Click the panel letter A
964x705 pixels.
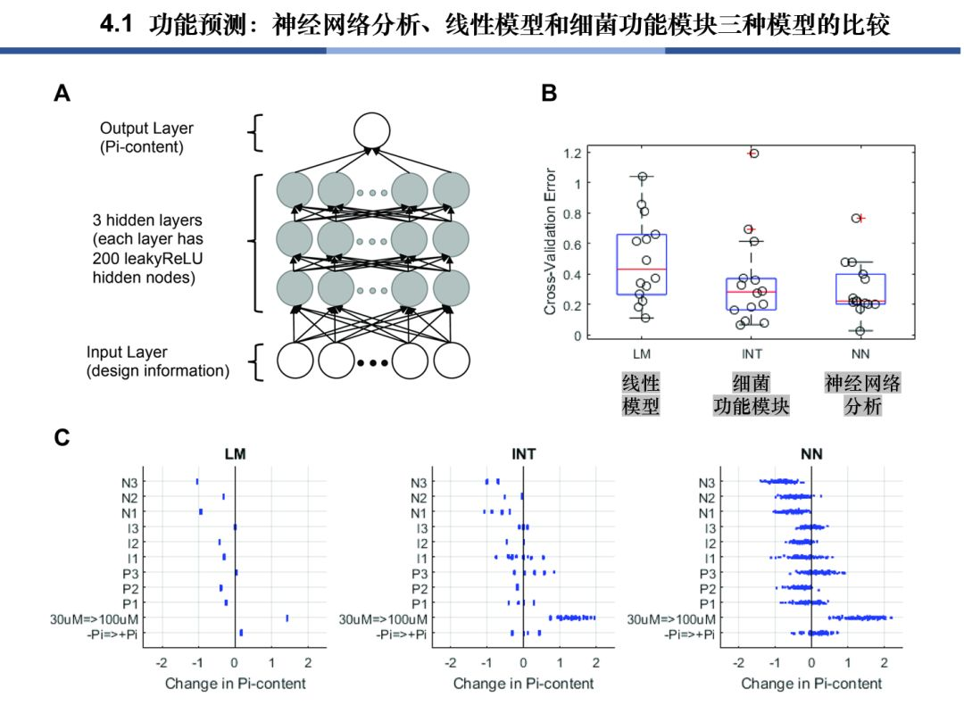(62, 93)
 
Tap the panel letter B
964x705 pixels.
(549, 93)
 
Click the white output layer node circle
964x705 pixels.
(372, 130)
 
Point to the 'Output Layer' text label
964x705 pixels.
(145, 129)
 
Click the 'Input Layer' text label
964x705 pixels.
(127, 352)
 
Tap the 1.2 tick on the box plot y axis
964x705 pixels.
(572, 153)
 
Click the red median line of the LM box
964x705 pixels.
(641, 269)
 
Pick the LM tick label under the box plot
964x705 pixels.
(641, 354)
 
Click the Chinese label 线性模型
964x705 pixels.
(641, 394)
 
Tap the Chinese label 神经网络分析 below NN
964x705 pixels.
(856, 394)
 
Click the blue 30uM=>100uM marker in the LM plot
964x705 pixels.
(287, 618)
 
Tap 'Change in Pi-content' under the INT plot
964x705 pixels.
(523, 684)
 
